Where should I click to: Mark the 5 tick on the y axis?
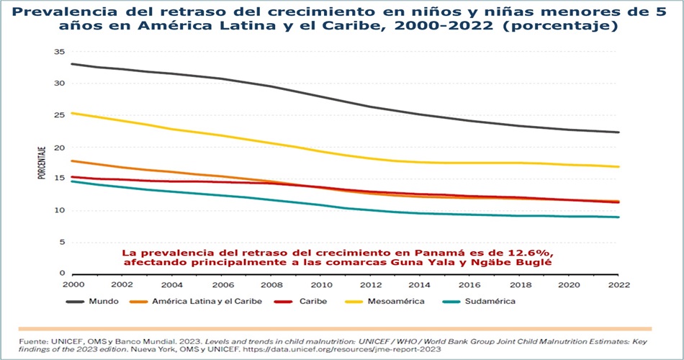(x=62, y=242)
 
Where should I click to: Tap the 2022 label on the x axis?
(x=617, y=284)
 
